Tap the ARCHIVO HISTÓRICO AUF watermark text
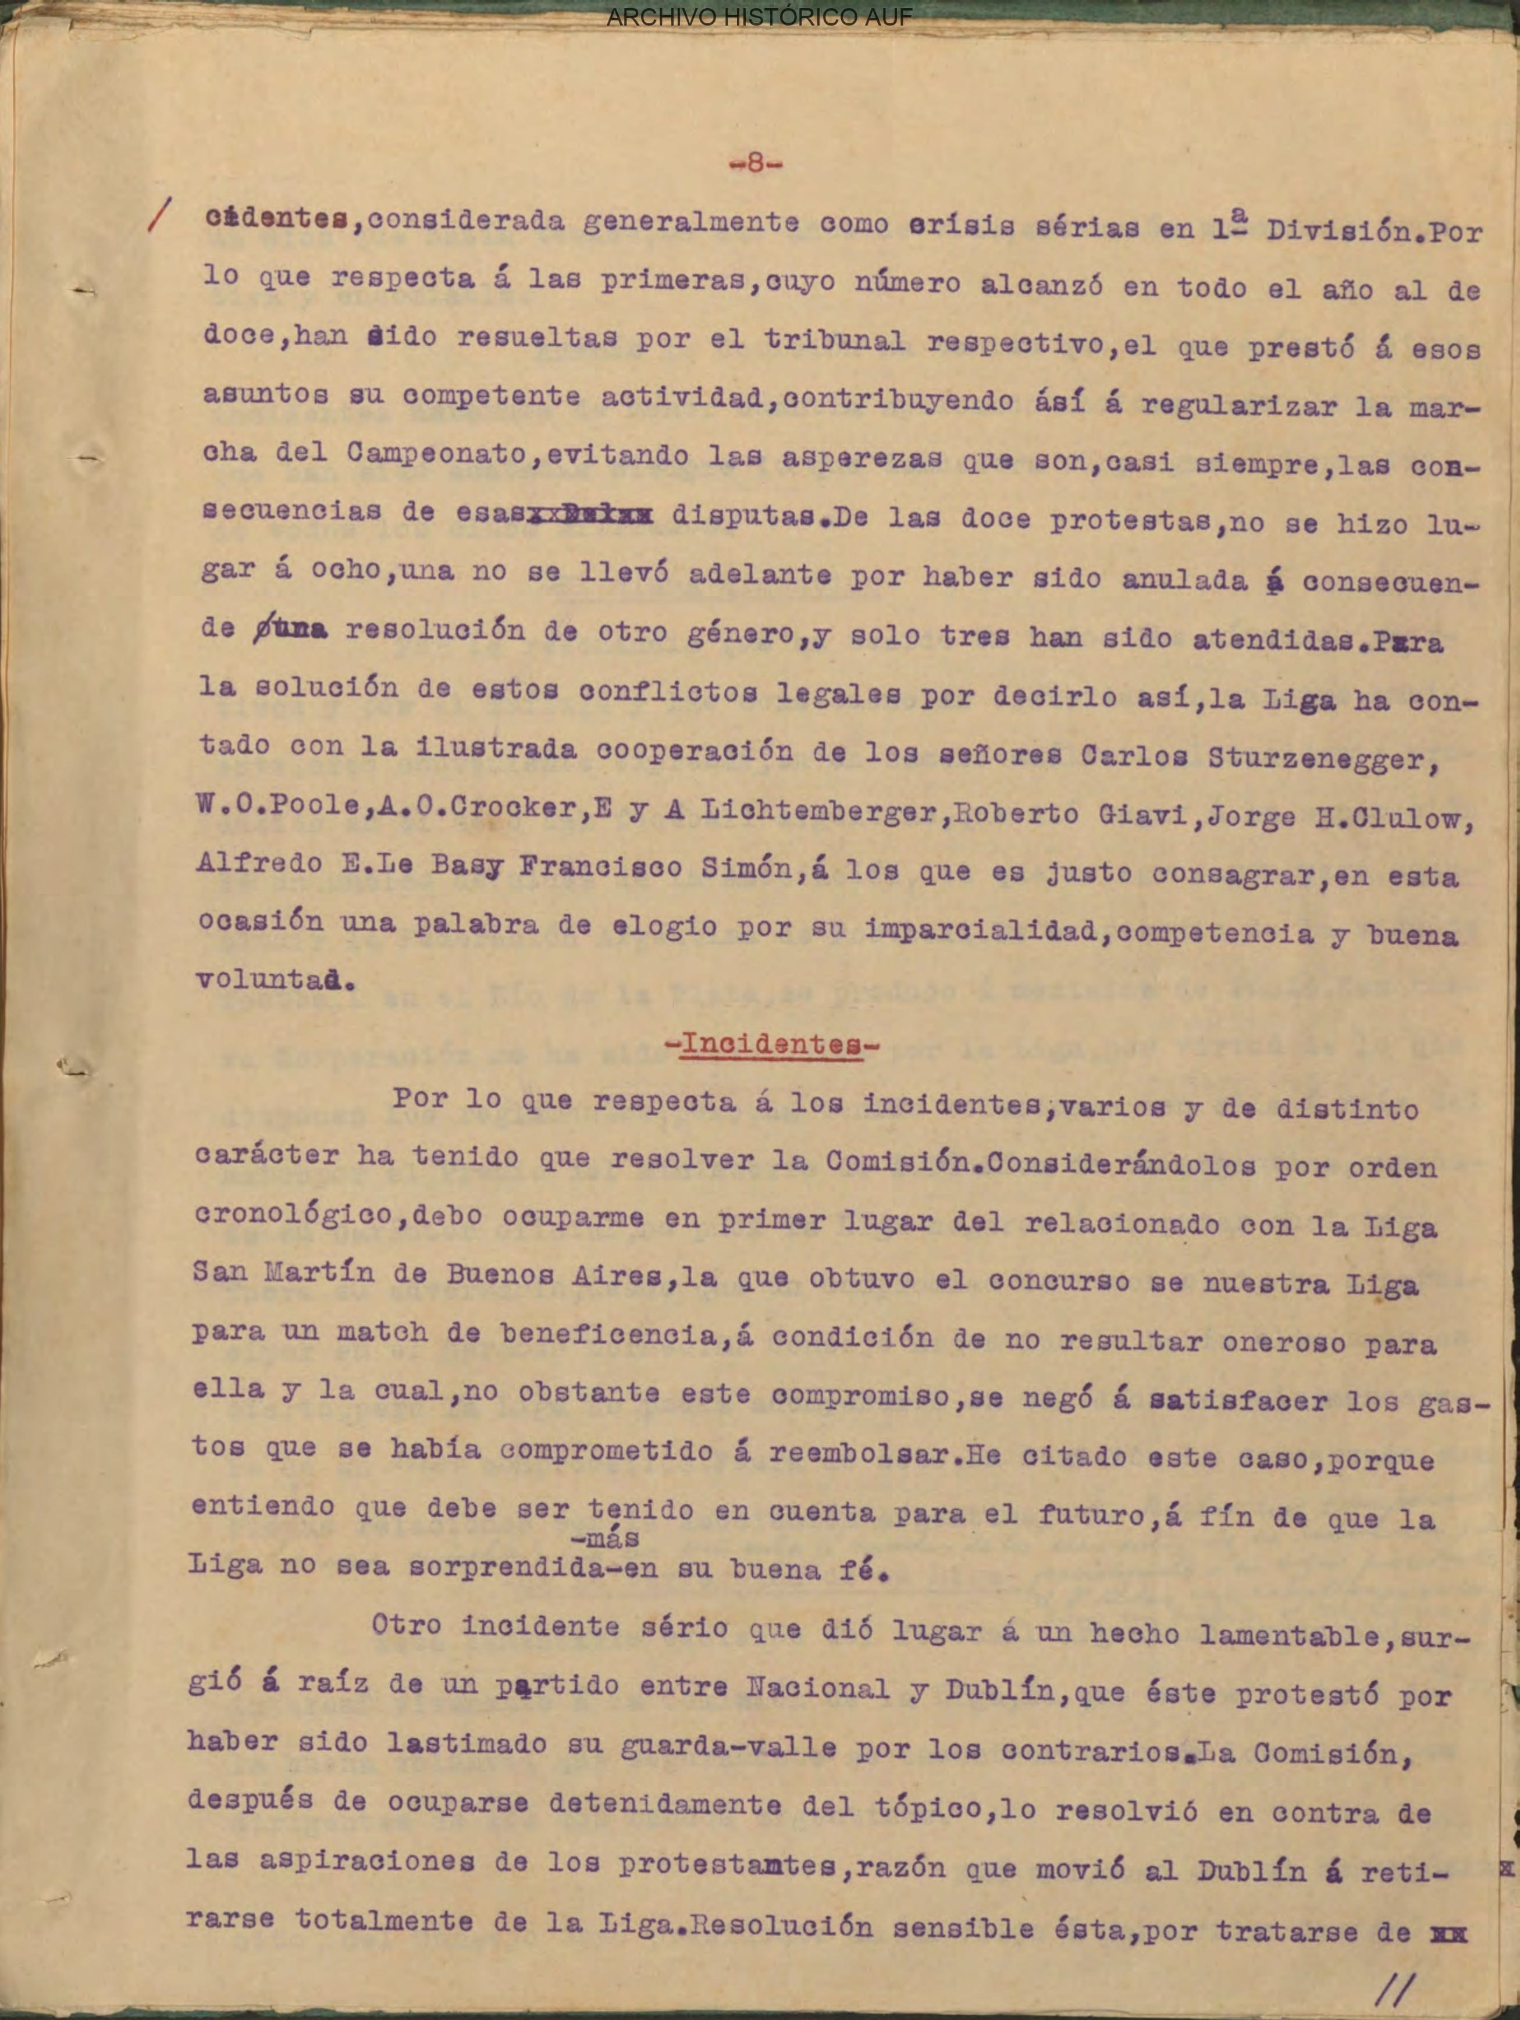759,17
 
